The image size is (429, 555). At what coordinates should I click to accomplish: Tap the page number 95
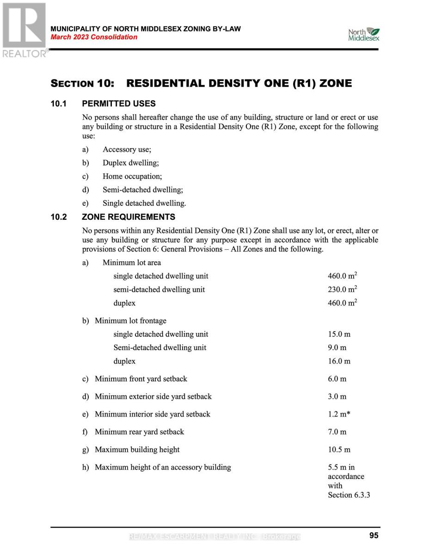tap(374, 536)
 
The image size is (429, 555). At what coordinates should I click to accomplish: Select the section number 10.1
tap(58, 104)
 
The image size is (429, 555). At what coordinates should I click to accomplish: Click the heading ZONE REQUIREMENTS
tap(129, 217)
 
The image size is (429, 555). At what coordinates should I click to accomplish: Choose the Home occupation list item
tap(132, 176)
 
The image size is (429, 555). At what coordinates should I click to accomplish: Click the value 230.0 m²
tap(342, 289)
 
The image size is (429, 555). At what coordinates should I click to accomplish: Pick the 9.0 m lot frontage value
tap(337, 347)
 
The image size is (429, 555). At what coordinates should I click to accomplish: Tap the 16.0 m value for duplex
tap(339, 361)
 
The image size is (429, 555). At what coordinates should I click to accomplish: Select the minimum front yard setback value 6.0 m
tap(337, 379)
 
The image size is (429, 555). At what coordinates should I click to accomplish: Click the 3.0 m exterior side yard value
tap(337, 396)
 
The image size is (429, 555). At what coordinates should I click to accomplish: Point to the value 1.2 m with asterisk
tap(339, 414)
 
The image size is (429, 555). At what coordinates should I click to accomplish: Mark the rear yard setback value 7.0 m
tap(337, 432)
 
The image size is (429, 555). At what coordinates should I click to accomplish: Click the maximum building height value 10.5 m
tap(339, 449)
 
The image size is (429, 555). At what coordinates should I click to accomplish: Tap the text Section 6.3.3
tap(349, 495)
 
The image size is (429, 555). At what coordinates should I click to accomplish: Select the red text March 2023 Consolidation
tap(94, 37)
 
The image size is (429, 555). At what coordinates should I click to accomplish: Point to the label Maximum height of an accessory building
tap(163, 467)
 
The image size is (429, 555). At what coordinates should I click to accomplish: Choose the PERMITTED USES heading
tap(118, 104)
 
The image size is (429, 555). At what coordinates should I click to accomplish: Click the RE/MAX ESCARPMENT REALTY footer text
tap(214, 536)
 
